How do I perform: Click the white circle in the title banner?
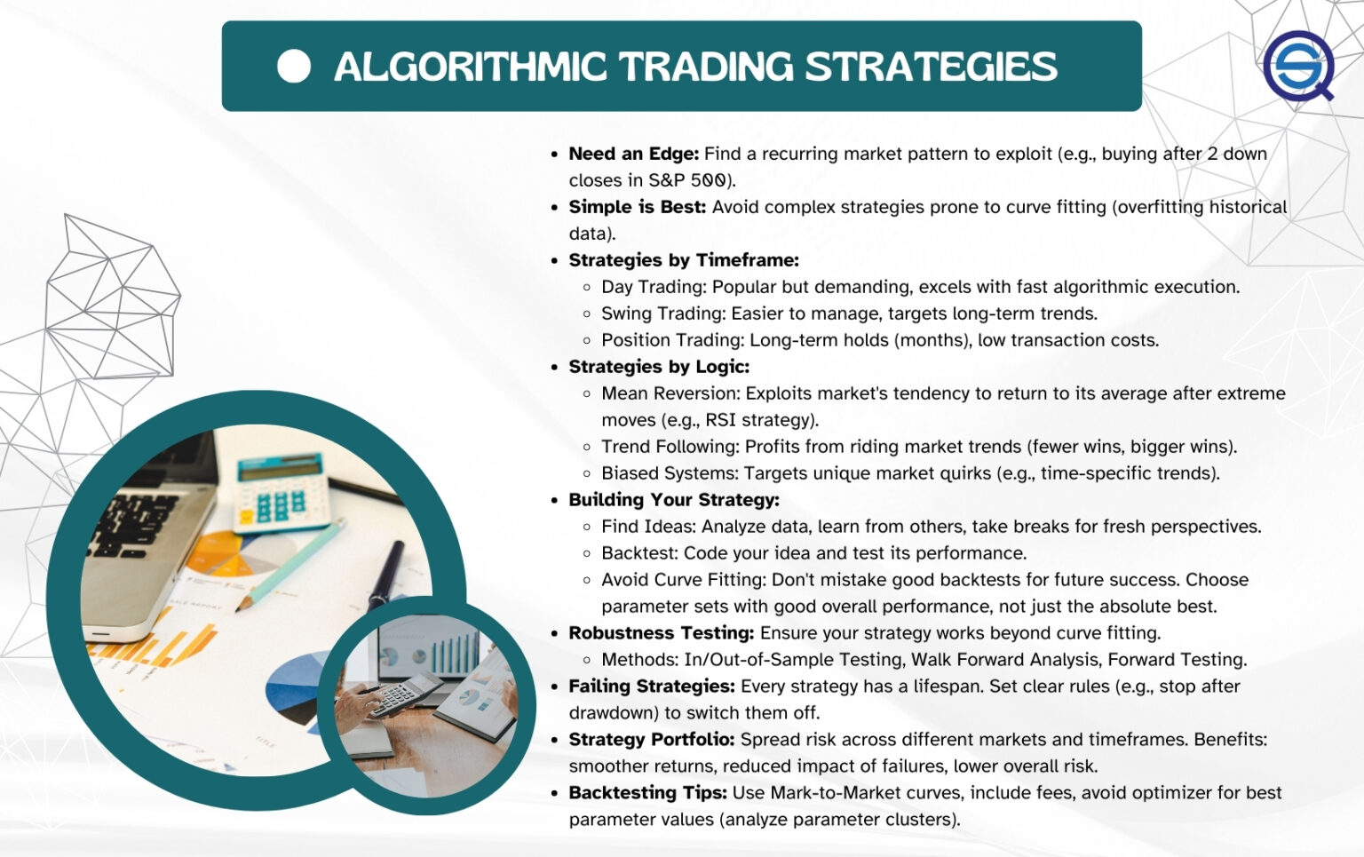click(x=294, y=67)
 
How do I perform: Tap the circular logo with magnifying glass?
click(x=1298, y=67)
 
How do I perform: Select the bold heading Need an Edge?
click(x=633, y=154)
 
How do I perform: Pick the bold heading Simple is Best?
click(x=637, y=207)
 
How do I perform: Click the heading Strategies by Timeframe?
click(x=683, y=260)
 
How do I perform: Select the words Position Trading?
click(x=672, y=340)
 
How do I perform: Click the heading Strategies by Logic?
click(x=658, y=367)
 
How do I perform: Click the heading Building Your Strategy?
click(x=673, y=500)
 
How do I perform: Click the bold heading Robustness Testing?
click(x=661, y=633)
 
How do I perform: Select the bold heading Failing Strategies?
click(x=651, y=686)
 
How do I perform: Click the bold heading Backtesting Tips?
click(x=647, y=793)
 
